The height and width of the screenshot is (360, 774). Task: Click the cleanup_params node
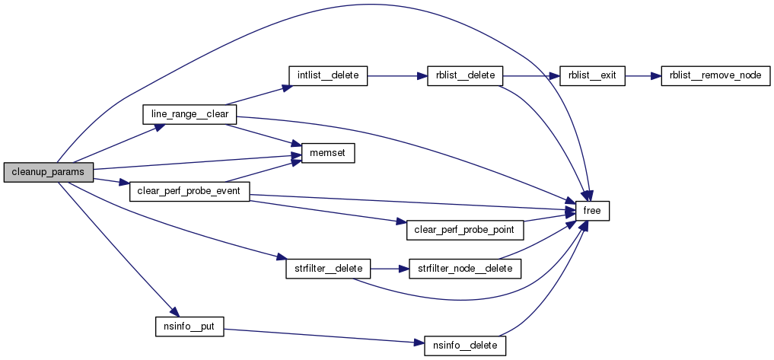48,173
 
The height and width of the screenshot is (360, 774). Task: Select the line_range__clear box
190,114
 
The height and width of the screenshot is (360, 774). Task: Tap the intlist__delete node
328,76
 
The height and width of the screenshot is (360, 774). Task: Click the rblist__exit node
592,76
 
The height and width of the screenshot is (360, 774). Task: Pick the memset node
328,154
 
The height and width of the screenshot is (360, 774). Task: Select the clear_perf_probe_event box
190,191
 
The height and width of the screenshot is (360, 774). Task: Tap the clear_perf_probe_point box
466,229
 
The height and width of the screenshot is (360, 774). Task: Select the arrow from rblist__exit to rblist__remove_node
643,76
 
